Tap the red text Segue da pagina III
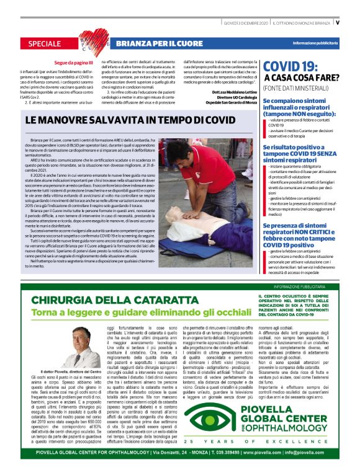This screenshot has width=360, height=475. (73, 63)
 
